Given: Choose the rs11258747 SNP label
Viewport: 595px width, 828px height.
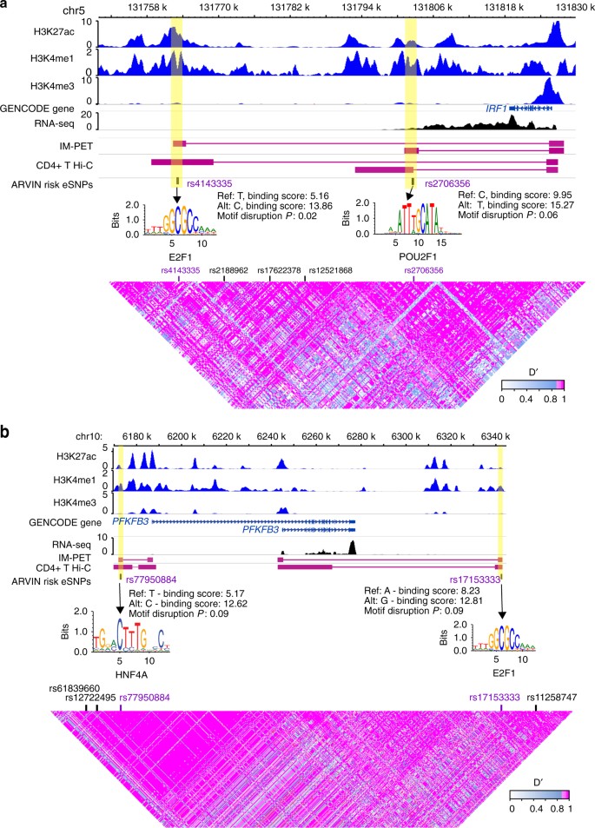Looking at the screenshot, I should point(536,697).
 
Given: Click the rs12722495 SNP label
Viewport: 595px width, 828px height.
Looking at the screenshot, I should point(91,697).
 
